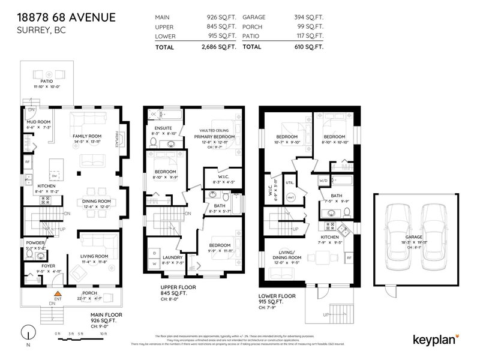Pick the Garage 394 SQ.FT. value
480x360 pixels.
coord(308,18)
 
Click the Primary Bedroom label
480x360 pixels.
coord(214,137)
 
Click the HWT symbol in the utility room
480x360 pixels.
coord(290,197)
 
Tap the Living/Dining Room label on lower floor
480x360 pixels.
coord(286,255)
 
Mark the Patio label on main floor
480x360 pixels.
coord(47,81)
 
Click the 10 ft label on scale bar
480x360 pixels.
coord(104,333)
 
